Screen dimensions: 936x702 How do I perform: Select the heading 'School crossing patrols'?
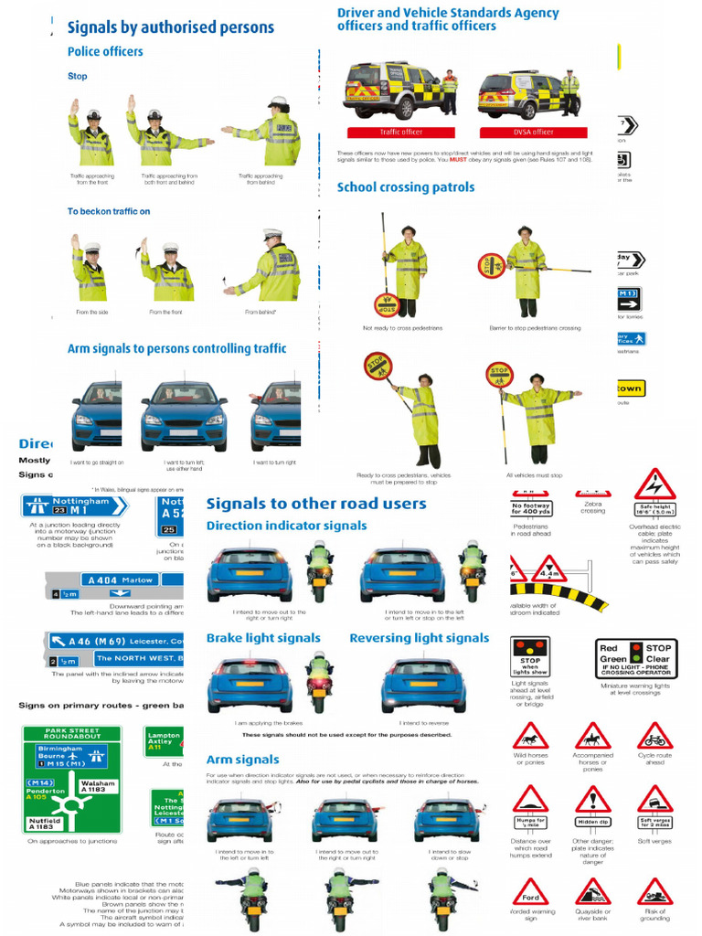point(406,187)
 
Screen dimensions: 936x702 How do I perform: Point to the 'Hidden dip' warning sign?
point(592,805)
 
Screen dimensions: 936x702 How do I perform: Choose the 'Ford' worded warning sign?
point(530,891)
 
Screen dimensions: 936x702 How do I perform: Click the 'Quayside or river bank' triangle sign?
point(592,891)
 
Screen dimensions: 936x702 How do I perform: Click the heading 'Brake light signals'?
point(263,638)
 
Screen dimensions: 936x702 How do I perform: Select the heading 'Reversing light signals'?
point(419,638)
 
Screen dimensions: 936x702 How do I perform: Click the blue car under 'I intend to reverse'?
point(422,685)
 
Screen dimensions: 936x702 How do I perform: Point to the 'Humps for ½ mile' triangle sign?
point(530,805)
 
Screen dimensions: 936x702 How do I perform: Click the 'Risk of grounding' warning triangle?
point(654,891)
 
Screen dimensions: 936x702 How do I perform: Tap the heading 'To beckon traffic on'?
point(109,211)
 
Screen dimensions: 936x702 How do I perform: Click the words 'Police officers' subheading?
point(105,51)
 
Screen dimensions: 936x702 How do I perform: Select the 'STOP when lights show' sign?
point(530,657)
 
